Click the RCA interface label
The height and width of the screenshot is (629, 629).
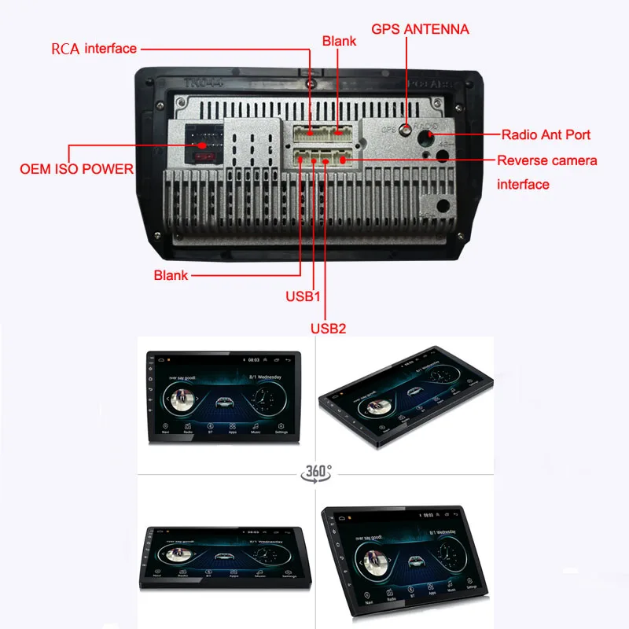coord(94,49)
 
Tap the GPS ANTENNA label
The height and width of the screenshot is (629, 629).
coord(420,30)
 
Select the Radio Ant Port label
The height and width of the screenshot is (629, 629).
coord(546,134)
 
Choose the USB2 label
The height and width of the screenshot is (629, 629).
coord(327,328)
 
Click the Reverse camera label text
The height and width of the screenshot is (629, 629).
coord(547,160)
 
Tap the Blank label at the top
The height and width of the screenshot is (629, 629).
coord(339,39)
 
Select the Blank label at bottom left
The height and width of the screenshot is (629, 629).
coord(171,275)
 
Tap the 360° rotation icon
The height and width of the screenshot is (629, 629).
coord(316,473)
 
